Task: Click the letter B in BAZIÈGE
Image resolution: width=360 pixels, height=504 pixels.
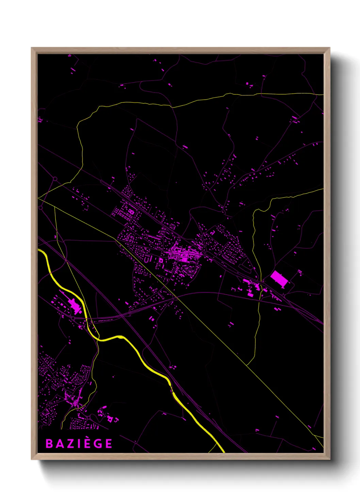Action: (49, 444)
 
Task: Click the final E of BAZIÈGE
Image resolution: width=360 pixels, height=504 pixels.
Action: (109, 444)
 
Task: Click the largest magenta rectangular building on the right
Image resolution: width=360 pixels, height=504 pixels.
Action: (279, 279)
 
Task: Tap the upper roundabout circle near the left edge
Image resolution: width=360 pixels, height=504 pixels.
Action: (55, 179)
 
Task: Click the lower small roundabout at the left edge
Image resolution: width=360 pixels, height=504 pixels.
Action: (41, 207)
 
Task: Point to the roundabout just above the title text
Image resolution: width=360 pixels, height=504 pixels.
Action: (89, 418)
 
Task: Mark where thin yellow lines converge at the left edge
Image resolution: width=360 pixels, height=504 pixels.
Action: (39, 198)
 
